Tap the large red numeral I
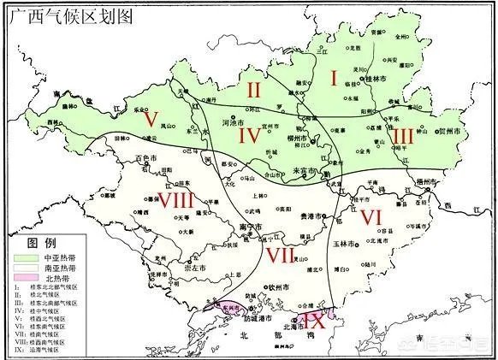click(335, 79)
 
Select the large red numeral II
click(253, 89)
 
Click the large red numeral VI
click(370, 216)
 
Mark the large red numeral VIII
click(163, 201)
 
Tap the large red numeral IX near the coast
click(315, 322)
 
